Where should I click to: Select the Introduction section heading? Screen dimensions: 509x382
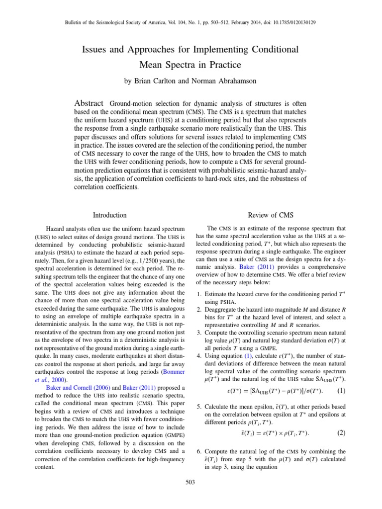point(109,215)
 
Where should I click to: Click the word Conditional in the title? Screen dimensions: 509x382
point(267,50)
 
